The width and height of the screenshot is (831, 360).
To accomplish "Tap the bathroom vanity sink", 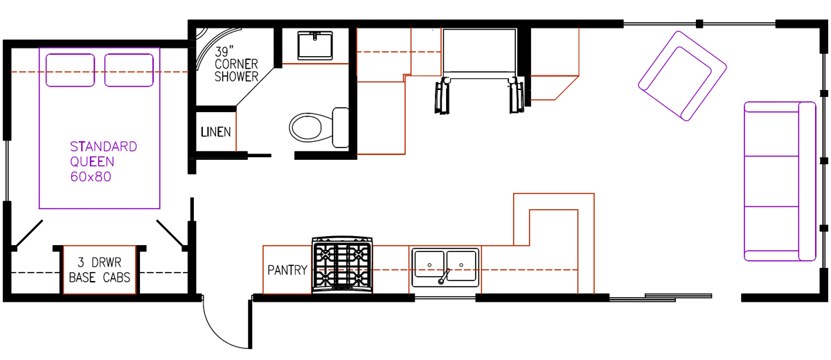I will tap(316, 45).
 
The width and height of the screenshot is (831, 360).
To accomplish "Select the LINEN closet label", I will tap(215, 132).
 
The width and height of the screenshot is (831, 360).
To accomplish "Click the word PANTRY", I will tap(287, 270).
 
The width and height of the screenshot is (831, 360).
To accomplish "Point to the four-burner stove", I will tap(342, 265).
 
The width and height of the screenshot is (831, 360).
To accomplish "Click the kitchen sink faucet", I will tap(443, 277).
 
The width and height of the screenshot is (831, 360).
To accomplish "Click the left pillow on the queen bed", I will tap(70, 70).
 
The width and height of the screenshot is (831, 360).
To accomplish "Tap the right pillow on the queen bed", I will tap(129, 70).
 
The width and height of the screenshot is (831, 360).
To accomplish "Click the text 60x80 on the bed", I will tap(91, 177).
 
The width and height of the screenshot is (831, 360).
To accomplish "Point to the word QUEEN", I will tap(92, 162).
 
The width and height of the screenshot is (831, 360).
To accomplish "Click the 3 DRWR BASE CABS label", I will tap(100, 271).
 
